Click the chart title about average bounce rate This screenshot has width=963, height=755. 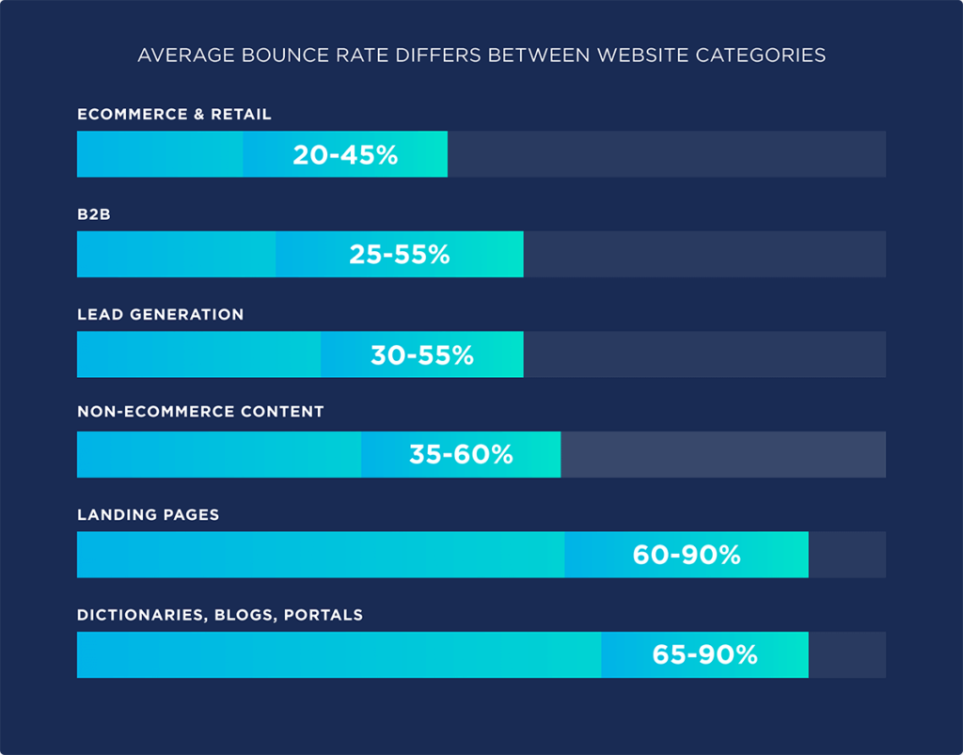point(481,55)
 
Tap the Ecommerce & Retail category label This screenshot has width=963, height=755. point(174,115)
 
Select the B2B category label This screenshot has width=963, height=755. point(95,214)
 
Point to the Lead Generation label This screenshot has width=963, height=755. point(160,315)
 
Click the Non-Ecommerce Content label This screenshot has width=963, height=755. point(200,412)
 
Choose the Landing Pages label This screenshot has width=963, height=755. point(148,515)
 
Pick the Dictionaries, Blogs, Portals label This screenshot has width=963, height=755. point(220,616)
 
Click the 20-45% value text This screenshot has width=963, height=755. point(345,155)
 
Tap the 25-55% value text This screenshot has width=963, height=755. point(400,255)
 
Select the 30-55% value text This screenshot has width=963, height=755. point(422,355)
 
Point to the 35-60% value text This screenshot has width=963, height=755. point(461,455)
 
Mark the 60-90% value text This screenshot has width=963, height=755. point(687,555)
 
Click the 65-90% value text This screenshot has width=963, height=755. point(705,655)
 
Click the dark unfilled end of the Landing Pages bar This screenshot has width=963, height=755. point(846,555)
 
